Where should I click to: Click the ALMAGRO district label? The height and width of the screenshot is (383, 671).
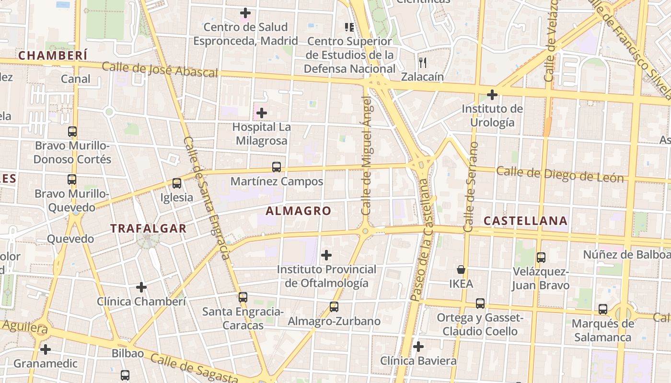coord(298,211)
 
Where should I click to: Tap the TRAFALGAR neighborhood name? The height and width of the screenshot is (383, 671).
coord(149,228)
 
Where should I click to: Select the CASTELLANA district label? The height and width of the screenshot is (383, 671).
coord(525,221)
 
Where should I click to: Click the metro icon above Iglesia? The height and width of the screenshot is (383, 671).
coord(176,183)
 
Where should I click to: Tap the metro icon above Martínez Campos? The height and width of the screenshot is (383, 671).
coord(277,167)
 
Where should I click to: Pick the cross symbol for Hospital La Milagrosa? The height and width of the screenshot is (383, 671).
coord(262,113)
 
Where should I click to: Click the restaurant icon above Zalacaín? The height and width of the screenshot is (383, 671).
coord(422,62)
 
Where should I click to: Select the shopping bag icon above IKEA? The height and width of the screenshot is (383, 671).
coord(461,270)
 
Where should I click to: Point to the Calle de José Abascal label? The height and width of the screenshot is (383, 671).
coord(160,69)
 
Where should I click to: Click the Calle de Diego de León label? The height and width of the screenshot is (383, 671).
coord(560,174)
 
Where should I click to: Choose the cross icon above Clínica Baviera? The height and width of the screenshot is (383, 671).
coord(418,346)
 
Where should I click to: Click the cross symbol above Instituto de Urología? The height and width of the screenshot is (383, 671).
coord(492,94)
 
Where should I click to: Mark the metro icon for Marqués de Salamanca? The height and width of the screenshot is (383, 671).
coord(603,309)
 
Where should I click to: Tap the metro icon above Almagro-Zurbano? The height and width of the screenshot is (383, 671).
coord(334,306)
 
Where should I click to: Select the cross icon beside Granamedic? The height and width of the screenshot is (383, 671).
coord(46,349)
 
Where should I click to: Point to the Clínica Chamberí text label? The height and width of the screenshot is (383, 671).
coord(141,302)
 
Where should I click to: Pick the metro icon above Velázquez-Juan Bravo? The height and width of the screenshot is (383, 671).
coord(541,258)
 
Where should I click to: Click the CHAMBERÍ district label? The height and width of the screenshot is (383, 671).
coord(53,56)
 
